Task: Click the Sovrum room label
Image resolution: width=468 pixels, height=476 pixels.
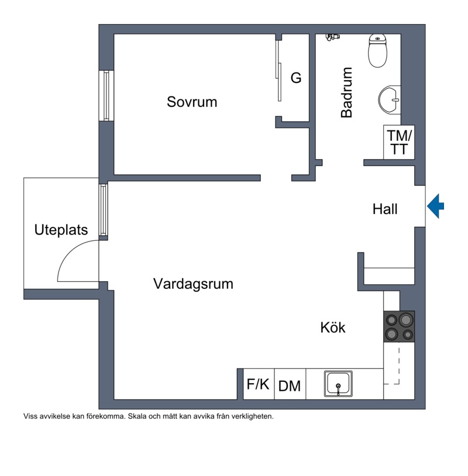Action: [x=192, y=102]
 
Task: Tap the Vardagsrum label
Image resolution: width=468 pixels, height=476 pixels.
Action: [x=193, y=284]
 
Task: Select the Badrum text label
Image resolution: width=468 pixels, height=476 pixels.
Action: [x=347, y=93]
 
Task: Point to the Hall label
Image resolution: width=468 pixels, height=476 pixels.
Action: [x=385, y=209]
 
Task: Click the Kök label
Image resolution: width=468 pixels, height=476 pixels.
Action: [x=333, y=327]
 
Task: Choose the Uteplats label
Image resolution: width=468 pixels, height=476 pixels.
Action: [x=61, y=230]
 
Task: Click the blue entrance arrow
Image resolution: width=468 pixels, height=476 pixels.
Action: [x=435, y=206]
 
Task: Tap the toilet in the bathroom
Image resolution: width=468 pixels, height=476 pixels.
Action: [x=378, y=50]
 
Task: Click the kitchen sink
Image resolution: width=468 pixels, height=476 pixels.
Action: [x=339, y=384]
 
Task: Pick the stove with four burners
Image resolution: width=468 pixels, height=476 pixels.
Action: [x=399, y=327]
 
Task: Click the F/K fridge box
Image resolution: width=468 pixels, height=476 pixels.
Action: [x=258, y=384]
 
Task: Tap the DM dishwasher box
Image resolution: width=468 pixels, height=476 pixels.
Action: [x=290, y=386]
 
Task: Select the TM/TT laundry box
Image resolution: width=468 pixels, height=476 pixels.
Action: [x=399, y=142]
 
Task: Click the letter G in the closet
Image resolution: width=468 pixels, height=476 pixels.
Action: [x=297, y=78]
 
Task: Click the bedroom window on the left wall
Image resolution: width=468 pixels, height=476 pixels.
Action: [x=106, y=95]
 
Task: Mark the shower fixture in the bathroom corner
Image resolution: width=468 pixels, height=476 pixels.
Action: [x=332, y=37]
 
